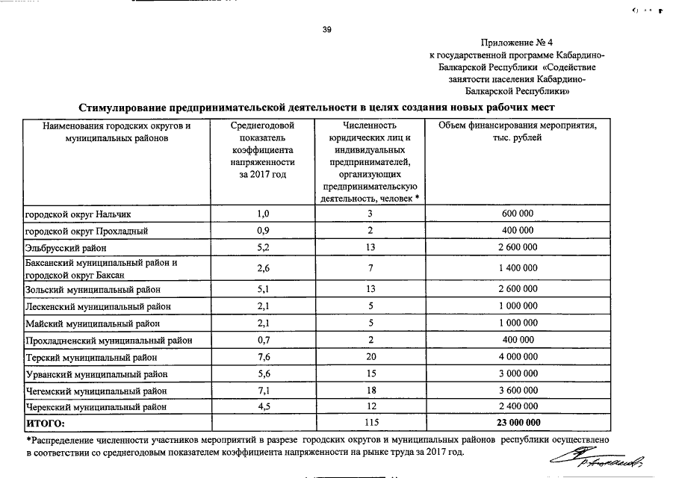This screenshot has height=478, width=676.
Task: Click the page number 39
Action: [326, 30]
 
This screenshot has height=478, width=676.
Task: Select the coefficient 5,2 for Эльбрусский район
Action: [263, 247]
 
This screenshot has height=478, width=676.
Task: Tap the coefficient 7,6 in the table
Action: [263, 357]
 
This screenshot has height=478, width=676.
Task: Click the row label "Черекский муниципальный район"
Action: [96, 407]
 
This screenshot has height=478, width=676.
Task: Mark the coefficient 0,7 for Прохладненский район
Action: [263, 341]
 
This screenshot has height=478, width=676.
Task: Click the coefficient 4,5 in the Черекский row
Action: [263, 407]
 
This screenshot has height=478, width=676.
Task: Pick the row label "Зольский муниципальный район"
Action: [92, 289]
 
